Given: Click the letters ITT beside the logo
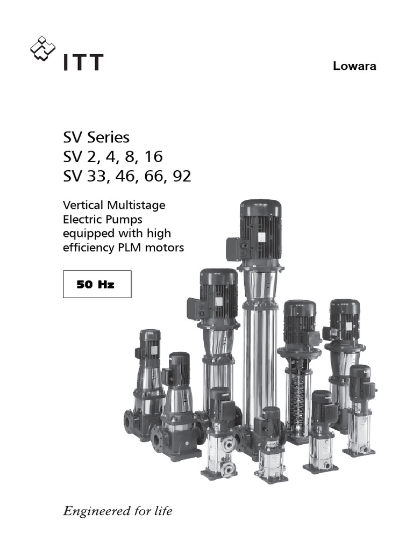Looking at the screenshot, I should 83,62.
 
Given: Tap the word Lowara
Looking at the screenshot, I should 354,67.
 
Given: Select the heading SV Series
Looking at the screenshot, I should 96,137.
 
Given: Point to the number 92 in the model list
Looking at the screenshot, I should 181,176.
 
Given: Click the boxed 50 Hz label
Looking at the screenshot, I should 97,284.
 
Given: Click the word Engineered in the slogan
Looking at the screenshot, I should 95,511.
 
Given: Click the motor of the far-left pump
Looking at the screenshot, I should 149,346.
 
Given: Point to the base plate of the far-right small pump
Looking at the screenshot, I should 359,452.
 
